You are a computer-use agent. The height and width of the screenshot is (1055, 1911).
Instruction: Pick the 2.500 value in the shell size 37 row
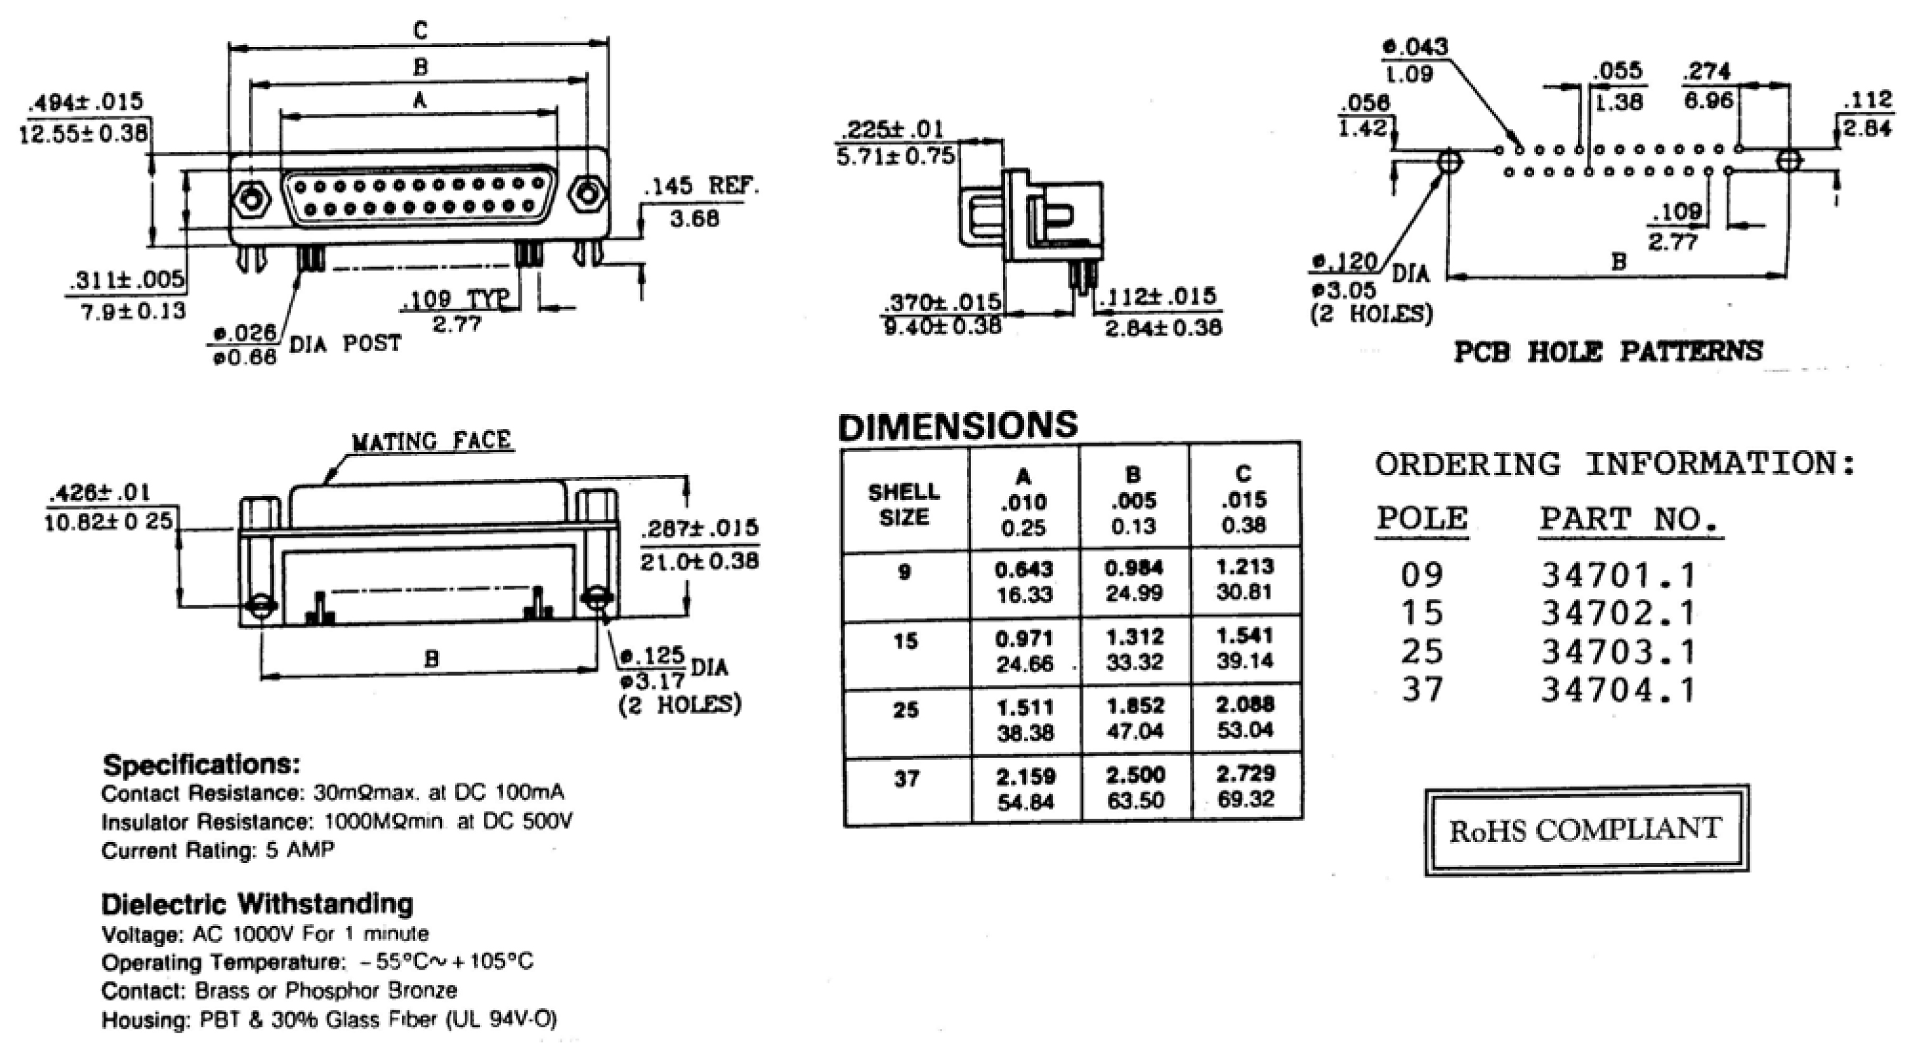coord(1135,775)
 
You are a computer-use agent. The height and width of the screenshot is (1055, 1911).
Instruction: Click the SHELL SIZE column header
coord(903,504)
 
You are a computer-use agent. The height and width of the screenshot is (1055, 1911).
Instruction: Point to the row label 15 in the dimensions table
coord(905,640)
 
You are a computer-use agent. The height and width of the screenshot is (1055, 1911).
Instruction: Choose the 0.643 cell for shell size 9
coord(1024,569)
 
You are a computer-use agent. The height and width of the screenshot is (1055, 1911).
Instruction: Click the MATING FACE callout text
coord(431,441)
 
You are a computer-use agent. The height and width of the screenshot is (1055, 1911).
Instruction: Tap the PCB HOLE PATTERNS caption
coord(1608,351)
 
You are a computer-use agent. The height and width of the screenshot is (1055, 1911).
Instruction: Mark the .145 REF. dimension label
coord(701,186)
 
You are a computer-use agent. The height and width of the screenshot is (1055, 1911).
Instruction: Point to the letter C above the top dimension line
coord(420,31)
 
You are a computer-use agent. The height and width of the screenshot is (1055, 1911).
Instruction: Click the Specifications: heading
coord(201,764)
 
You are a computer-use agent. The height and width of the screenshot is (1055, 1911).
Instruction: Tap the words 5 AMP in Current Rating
coord(299,850)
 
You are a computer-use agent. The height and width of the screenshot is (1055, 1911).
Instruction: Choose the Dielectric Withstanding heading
coord(257,904)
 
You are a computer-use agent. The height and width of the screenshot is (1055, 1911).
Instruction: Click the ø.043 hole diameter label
coord(1414,47)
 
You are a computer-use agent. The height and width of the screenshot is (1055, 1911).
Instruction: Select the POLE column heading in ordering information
coord(1421,518)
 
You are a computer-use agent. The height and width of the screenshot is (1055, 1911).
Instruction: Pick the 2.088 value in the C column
coord(1245,704)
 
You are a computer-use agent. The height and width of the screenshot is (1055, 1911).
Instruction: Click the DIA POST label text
coord(345,343)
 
